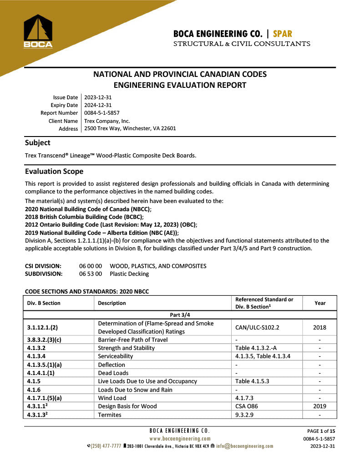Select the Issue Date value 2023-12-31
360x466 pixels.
point(98,97)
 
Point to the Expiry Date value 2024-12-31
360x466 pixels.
point(98,105)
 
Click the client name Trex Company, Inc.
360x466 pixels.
point(107,121)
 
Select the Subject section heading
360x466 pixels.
point(38,142)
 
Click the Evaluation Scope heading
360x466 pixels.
point(54,171)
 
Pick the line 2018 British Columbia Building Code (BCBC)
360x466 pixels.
point(84,217)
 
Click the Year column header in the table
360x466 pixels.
point(320,303)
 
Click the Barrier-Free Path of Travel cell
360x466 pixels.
point(133,339)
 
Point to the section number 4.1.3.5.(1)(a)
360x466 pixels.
point(47,365)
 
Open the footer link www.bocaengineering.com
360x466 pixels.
point(180,439)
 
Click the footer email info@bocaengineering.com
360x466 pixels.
point(244,446)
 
